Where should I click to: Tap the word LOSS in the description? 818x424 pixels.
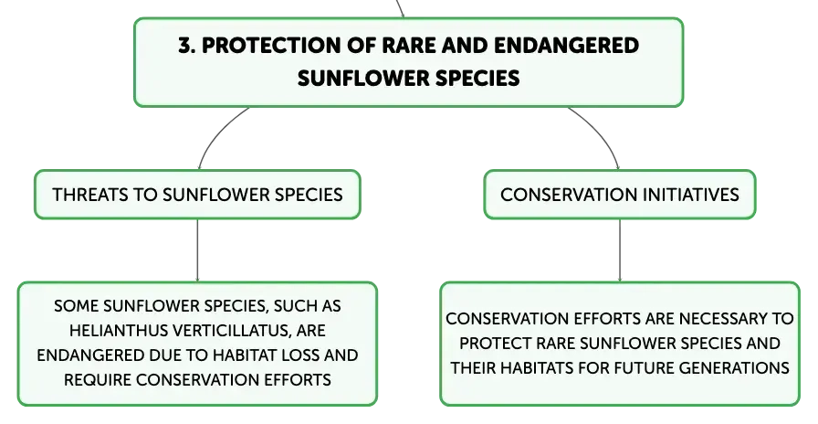click(300, 355)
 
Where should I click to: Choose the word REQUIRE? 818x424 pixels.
click(98, 379)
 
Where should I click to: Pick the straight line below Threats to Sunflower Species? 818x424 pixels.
click(198, 250)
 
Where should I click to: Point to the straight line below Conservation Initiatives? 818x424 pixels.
click(620, 250)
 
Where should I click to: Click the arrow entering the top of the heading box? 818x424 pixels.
click(400, 8)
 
